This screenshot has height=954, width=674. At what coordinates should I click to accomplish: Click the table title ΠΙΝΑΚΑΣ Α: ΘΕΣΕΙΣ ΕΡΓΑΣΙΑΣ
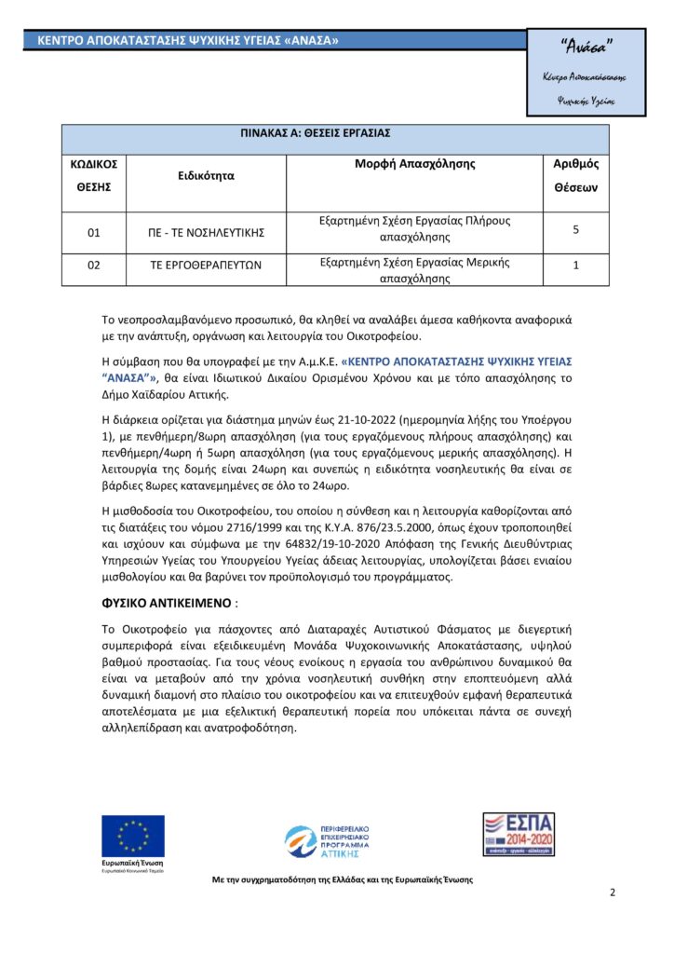click(335, 133)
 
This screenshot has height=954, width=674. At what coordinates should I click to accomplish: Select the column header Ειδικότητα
click(207, 175)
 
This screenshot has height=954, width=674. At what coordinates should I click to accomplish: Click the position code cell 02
click(94, 266)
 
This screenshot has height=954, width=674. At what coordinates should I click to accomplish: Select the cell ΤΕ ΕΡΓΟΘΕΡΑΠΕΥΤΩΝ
click(207, 266)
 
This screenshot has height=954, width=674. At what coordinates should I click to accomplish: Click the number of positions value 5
click(576, 227)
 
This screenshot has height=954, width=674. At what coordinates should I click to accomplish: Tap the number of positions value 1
click(576, 266)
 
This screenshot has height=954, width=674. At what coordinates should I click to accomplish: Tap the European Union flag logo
click(133, 835)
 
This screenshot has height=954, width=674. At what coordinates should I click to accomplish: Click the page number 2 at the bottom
click(612, 893)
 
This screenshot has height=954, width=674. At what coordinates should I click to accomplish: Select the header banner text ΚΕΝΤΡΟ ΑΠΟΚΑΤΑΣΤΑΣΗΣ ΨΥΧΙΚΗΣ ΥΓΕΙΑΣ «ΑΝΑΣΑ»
click(188, 41)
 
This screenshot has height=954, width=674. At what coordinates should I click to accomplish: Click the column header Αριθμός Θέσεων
click(576, 175)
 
